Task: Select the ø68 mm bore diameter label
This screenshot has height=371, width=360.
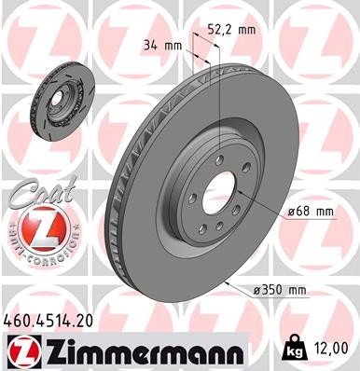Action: point(312,212)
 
